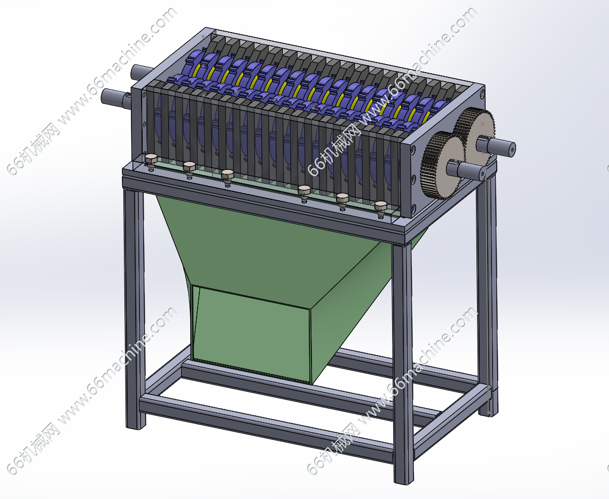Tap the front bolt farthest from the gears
151,160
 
